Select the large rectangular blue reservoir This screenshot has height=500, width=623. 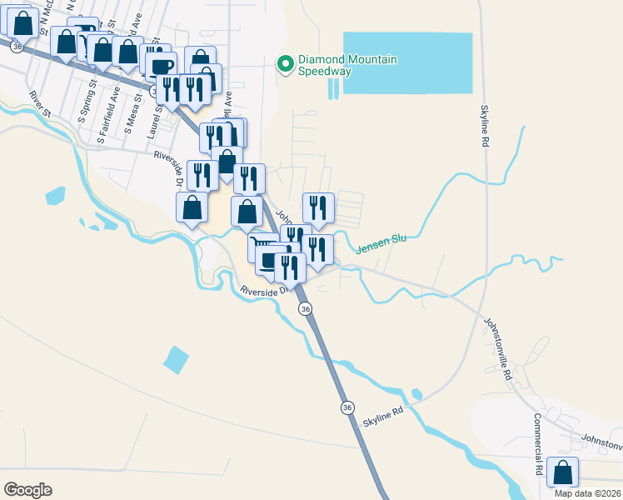click(x=408, y=63)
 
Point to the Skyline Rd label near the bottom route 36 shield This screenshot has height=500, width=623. click(x=382, y=417)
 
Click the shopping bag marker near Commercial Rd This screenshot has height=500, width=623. click(x=564, y=472)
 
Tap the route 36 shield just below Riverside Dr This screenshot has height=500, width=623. click(x=306, y=308)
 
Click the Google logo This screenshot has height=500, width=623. click(x=27, y=490)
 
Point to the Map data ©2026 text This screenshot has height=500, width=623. click(x=587, y=493)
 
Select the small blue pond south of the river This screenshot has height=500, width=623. click(x=176, y=359)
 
